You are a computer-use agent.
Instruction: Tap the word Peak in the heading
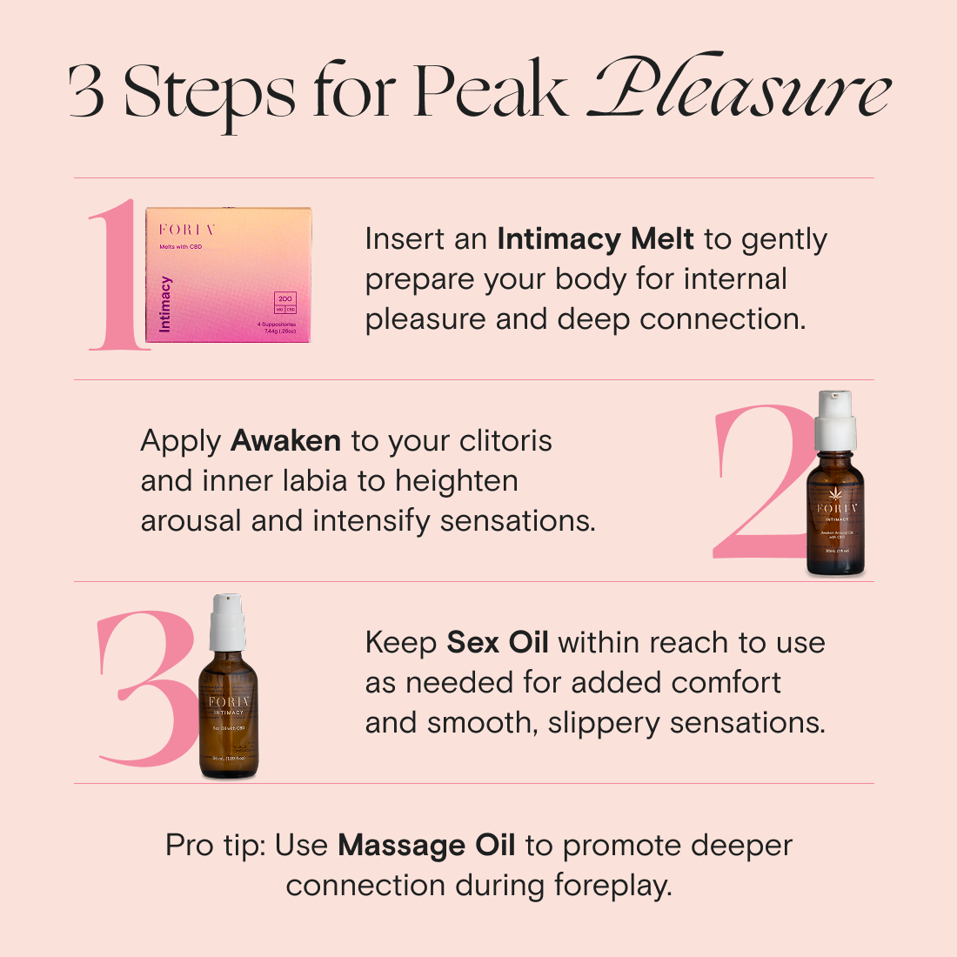click(x=491, y=90)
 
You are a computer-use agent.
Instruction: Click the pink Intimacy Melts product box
click(x=229, y=275)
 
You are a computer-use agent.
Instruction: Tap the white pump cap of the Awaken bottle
click(x=835, y=421)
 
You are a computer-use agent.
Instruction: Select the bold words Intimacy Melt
click(x=595, y=238)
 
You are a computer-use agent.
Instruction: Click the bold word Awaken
click(x=285, y=440)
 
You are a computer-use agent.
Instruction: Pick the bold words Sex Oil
click(x=498, y=642)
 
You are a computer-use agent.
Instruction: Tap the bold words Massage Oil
click(x=426, y=845)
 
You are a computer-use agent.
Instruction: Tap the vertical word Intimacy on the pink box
click(x=165, y=304)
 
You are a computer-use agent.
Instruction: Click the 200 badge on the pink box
click(x=285, y=298)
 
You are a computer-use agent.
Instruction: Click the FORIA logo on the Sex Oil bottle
click(x=229, y=701)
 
